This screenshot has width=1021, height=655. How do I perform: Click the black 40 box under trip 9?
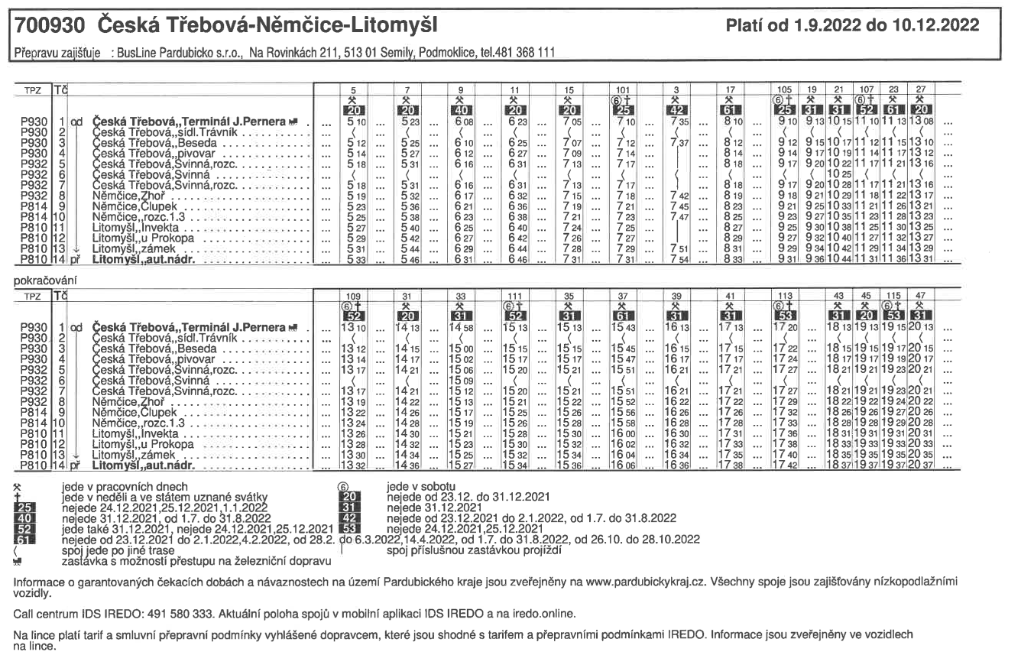click(460, 109)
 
